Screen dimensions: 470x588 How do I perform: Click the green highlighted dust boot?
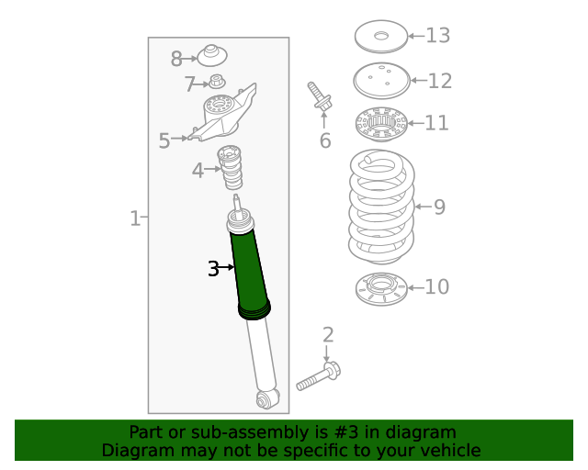click(x=250, y=271)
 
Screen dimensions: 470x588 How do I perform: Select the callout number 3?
click(x=213, y=269)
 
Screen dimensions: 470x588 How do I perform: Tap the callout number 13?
click(x=437, y=36)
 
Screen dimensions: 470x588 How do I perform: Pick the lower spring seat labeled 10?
click(x=380, y=290)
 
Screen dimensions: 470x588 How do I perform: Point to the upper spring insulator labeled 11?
click(x=380, y=122)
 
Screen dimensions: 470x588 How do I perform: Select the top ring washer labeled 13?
click(x=380, y=38)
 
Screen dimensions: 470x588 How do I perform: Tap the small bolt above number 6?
click(x=320, y=97)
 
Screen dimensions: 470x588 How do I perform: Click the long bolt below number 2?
click(x=318, y=377)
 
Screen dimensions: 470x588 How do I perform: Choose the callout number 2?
click(x=327, y=335)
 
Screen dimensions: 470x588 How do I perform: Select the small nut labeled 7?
click(x=218, y=82)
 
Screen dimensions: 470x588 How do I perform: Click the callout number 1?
click(x=134, y=218)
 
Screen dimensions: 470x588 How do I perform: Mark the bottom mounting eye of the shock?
click(x=266, y=398)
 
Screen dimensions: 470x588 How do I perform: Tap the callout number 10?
click(x=437, y=287)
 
